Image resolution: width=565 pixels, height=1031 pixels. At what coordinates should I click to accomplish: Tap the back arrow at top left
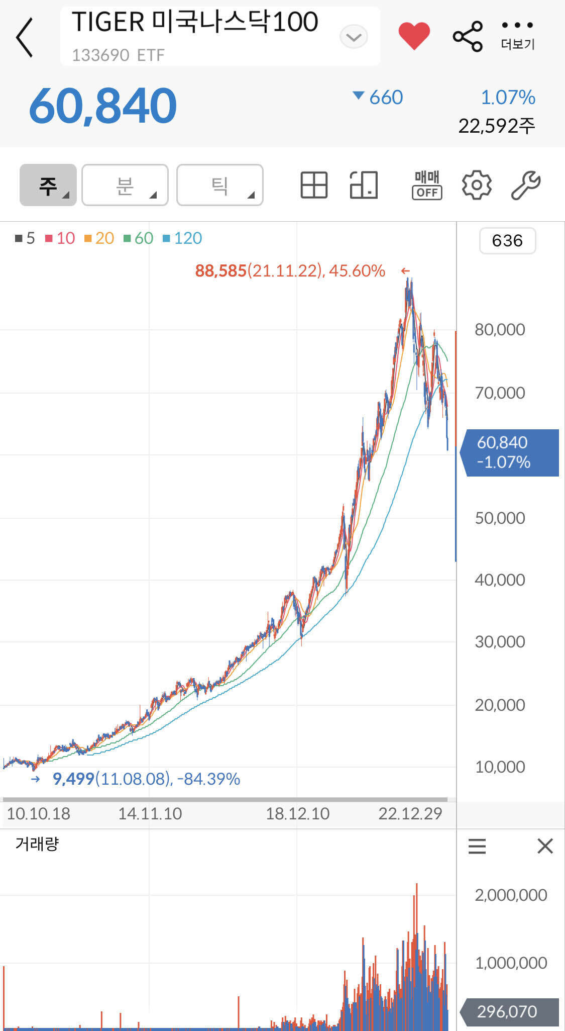click(x=25, y=37)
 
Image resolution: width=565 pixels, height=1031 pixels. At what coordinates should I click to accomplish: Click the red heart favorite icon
click(x=414, y=36)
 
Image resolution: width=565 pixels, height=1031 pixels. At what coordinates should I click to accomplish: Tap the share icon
click(x=468, y=36)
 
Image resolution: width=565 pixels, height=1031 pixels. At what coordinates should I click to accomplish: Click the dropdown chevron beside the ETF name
click(x=354, y=37)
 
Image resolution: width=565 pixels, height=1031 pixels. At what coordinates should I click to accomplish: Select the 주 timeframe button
click(x=48, y=185)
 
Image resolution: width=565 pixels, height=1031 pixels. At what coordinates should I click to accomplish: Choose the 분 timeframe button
click(x=125, y=185)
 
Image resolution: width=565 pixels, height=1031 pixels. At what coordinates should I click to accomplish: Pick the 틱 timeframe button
click(x=220, y=185)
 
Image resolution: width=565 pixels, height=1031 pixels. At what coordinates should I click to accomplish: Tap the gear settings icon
click(x=476, y=185)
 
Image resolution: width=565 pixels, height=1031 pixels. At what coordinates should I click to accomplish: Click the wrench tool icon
click(x=525, y=185)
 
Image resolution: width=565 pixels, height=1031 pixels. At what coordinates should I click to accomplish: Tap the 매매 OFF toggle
click(x=427, y=185)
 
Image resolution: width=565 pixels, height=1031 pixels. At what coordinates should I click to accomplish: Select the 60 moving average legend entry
click(x=139, y=238)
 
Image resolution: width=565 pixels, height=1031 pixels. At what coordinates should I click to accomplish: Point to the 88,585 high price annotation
click(x=221, y=271)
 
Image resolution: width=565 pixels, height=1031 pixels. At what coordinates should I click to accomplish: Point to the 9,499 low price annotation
click(x=74, y=779)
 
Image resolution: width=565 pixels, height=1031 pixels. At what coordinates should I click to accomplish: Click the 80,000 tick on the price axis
click(x=500, y=330)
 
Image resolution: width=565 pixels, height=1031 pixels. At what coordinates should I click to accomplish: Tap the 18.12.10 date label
click(x=297, y=814)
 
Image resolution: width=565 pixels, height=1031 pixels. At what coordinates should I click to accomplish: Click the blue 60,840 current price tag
click(x=509, y=452)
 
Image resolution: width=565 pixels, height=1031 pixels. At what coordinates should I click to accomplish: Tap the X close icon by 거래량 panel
click(x=545, y=846)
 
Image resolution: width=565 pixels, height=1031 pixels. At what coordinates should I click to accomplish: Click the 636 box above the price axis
click(x=507, y=241)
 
